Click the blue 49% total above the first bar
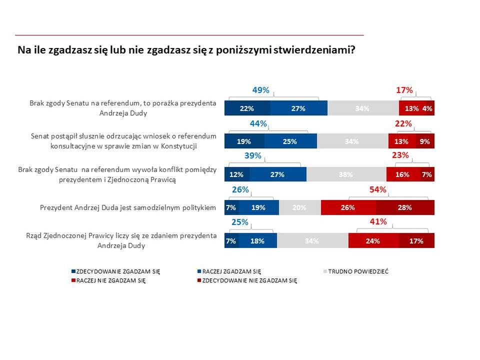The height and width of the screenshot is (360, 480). pyautogui.click(x=260, y=90)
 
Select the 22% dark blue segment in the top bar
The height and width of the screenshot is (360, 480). pyautogui.click(x=247, y=108)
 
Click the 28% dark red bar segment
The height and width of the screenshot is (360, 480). pyautogui.click(x=405, y=207)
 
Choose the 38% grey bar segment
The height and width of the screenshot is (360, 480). pyautogui.click(x=346, y=174)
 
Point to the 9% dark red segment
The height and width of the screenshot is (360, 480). pyautogui.click(x=425, y=141)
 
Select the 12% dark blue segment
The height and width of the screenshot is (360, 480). pyautogui.click(x=236, y=174)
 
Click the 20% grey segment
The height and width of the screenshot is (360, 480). pyautogui.click(x=299, y=207)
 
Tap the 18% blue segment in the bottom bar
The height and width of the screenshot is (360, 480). pyautogui.click(x=257, y=240)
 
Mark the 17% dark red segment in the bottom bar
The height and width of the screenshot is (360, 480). pyautogui.click(x=416, y=240)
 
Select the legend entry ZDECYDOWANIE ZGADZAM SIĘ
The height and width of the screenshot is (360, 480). pyautogui.click(x=118, y=271)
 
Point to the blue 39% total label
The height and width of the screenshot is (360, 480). pyautogui.click(x=253, y=155)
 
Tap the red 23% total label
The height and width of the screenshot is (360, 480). pyautogui.click(x=400, y=155)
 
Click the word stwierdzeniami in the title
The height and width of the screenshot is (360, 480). pyautogui.click(x=310, y=50)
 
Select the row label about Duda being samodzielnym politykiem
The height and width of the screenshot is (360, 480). pyautogui.click(x=128, y=207)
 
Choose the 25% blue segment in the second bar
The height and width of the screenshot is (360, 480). pyautogui.click(x=290, y=141)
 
